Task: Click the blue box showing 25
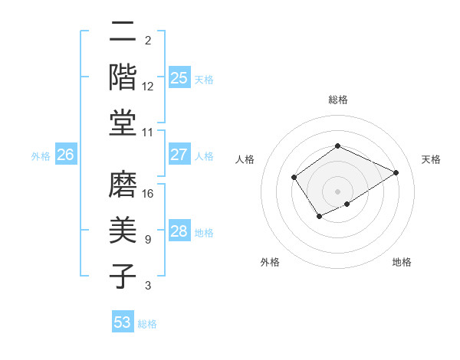(179, 77)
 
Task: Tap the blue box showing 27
(179, 155)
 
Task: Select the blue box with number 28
(179, 231)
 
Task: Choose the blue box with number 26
(65, 155)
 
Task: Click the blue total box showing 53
(123, 322)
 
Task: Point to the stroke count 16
(149, 193)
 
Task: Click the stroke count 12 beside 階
(149, 87)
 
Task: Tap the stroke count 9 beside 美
(148, 240)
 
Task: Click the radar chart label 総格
(337, 100)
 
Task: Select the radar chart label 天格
(431, 159)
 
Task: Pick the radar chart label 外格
(270, 262)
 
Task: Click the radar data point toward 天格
(396, 172)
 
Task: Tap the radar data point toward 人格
(294, 178)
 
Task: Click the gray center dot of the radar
(337, 191)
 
